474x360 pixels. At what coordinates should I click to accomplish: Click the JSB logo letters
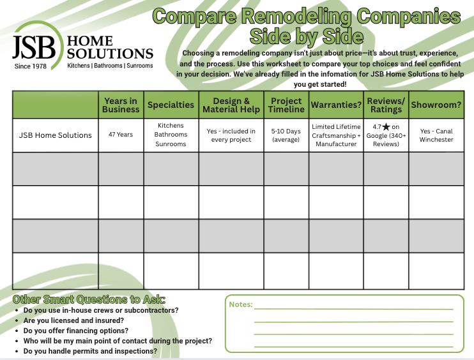[37, 46]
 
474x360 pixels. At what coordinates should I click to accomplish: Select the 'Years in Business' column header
[121, 105]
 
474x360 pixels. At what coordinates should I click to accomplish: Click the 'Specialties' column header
[171, 105]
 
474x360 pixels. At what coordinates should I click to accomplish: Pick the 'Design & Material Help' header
[231, 105]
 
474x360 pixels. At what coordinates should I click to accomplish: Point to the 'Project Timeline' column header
[286, 105]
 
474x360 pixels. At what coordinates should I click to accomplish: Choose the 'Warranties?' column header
[336, 105]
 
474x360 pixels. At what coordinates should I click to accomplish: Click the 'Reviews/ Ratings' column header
[386, 105]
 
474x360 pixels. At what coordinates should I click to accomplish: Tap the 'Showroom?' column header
[436, 105]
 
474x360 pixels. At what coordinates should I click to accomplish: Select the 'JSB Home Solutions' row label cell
[56, 135]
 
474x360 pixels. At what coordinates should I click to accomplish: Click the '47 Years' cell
[121, 135]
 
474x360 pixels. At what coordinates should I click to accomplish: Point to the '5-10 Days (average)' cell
[286, 135]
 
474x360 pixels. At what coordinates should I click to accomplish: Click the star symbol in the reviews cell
[385, 127]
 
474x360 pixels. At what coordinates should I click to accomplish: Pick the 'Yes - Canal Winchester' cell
[436, 135]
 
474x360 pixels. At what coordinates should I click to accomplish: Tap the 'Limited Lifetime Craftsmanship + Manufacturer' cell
[336, 135]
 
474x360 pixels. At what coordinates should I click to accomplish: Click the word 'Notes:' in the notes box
[241, 305]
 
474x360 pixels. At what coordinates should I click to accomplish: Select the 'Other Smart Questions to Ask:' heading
[89, 299]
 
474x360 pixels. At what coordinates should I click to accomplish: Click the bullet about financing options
[76, 331]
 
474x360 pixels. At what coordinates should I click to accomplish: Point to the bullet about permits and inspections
[90, 351]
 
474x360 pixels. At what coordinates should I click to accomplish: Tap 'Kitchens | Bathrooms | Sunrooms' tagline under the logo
[110, 66]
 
